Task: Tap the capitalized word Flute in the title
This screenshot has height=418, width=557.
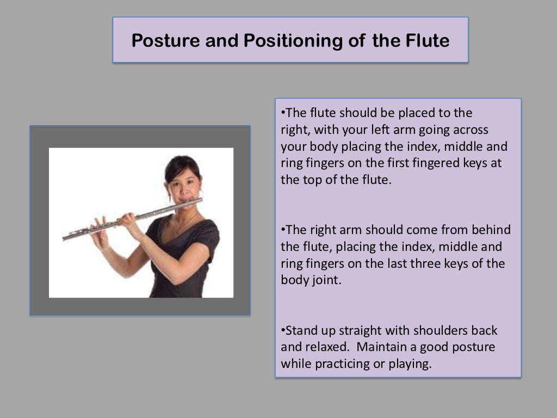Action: [x=426, y=40]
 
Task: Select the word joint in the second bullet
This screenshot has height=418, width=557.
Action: [x=326, y=280]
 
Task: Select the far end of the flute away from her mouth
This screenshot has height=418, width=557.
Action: [x=66, y=237]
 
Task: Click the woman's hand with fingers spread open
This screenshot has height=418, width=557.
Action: [x=100, y=232]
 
